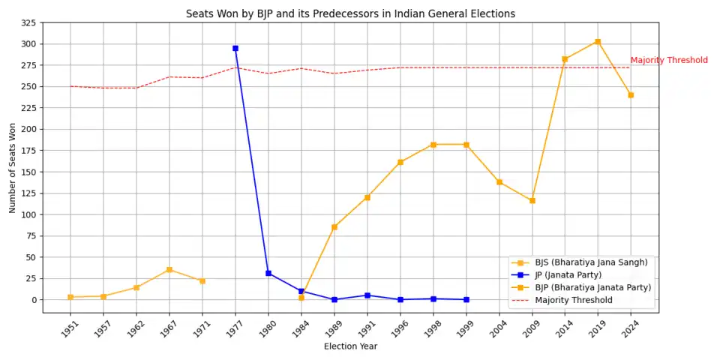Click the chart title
click(350, 13)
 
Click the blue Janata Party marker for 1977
click(235, 48)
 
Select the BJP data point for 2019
click(598, 41)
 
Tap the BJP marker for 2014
click(565, 59)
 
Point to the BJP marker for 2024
click(631, 95)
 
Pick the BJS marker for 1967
click(169, 270)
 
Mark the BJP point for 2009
click(532, 200)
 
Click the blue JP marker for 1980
click(268, 273)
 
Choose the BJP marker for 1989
click(334, 226)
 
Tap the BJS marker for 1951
click(70, 297)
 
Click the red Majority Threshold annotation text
click(668, 61)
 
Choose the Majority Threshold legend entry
click(573, 300)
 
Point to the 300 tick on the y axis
click(40, 44)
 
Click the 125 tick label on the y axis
click(40, 214)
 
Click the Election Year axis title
click(350, 346)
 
